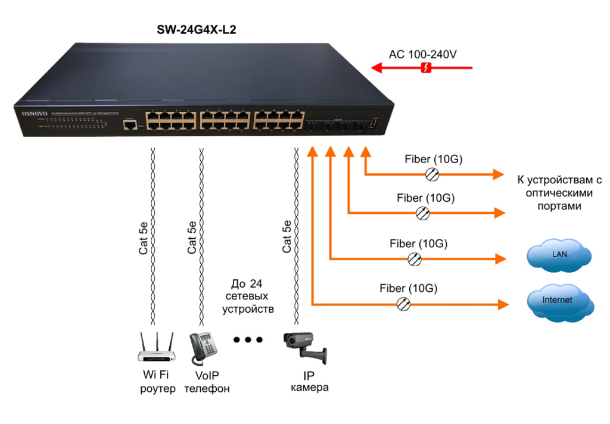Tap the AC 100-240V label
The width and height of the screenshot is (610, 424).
(423, 54)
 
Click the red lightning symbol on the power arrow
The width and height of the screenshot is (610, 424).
(426, 68)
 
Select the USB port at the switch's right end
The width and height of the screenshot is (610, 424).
(374, 123)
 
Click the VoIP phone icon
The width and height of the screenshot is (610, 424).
(203, 348)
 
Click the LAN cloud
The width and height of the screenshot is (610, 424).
(559, 255)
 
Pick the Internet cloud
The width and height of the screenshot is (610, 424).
(559, 301)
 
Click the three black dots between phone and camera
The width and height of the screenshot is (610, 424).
(248, 340)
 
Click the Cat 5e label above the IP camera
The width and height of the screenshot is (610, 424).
(287, 237)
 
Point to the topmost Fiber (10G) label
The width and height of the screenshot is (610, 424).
(434, 160)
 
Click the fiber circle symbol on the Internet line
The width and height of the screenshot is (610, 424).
(404, 304)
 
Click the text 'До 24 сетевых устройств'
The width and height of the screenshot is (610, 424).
(248, 296)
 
